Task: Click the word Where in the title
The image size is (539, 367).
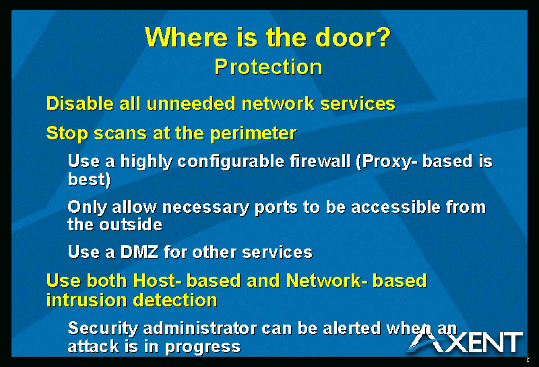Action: tap(186, 37)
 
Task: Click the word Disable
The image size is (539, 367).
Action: tap(80, 103)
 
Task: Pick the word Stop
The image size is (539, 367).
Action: tap(67, 134)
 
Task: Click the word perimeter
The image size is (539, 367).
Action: tap(253, 134)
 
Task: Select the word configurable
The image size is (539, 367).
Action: tap(230, 162)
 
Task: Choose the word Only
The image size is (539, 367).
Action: tap(87, 207)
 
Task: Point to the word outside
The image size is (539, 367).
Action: tap(131, 225)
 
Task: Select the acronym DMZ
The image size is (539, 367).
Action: tap(139, 252)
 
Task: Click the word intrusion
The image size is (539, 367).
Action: tap(87, 300)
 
